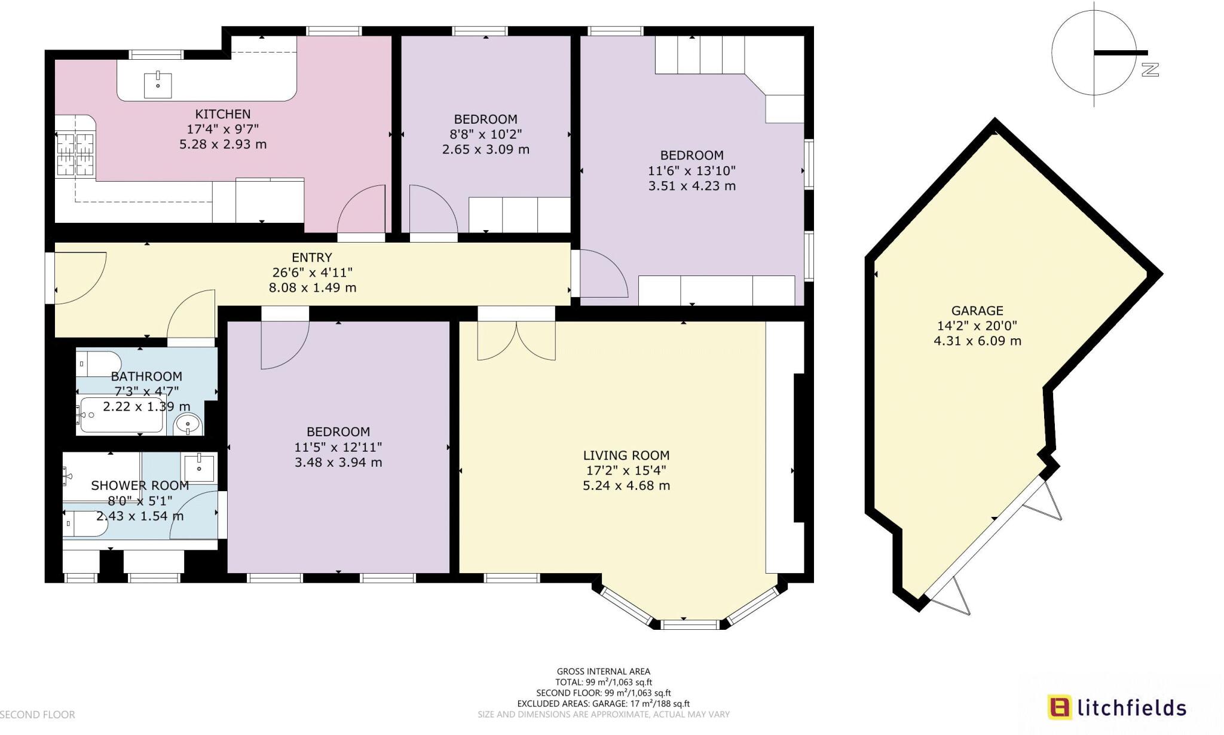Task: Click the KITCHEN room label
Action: [x=222, y=114]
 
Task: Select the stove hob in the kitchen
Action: [x=75, y=155]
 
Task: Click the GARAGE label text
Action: [x=977, y=311]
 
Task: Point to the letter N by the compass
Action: [x=1150, y=70]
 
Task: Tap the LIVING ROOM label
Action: [x=626, y=455]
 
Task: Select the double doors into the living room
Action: [x=516, y=341]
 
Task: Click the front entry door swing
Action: [x=80, y=278]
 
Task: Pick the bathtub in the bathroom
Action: [x=121, y=415]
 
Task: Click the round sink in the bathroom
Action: [x=189, y=425]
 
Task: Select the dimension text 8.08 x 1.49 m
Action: [x=312, y=287]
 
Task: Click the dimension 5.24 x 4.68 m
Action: [x=626, y=486]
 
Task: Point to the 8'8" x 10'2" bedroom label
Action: [x=485, y=134]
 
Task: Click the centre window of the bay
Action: [x=690, y=624]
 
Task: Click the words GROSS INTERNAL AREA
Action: [x=603, y=672]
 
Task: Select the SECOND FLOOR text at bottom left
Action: [x=38, y=715]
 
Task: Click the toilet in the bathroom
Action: [x=99, y=363]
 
